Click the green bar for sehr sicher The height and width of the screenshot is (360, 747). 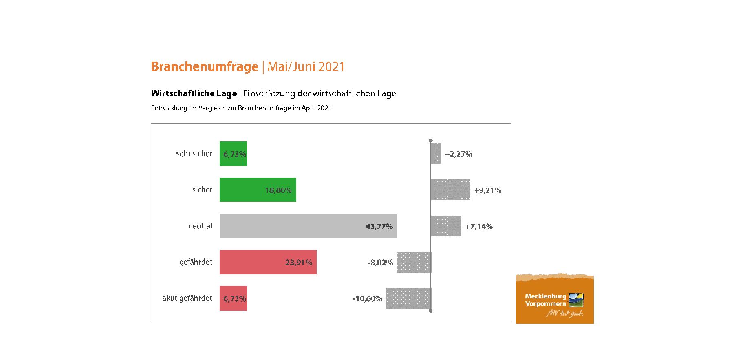pyautogui.click(x=233, y=154)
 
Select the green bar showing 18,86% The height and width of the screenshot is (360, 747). pyautogui.click(x=258, y=190)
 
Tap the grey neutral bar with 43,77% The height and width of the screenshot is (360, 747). pyautogui.click(x=308, y=226)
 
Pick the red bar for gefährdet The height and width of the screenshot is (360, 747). pyautogui.click(x=268, y=262)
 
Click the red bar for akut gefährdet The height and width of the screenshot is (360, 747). pyautogui.click(x=233, y=298)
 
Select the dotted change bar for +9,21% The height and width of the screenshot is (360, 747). pyautogui.click(x=451, y=190)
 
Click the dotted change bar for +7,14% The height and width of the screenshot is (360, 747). pyautogui.click(x=446, y=226)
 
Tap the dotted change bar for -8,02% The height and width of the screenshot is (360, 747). pyautogui.click(x=414, y=262)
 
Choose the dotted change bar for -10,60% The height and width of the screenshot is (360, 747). pyautogui.click(x=408, y=298)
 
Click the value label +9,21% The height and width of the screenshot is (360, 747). pyautogui.click(x=488, y=190)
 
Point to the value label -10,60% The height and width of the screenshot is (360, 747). pyautogui.click(x=367, y=299)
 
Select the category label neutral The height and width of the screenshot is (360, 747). pyautogui.click(x=200, y=226)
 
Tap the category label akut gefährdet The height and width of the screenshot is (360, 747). pyautogui.click(x=187, y=298)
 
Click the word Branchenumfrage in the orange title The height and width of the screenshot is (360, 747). pyautogui.click(x=204, y=66)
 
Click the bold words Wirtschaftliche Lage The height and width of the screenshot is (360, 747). pyautogui.click(x=194, y=93)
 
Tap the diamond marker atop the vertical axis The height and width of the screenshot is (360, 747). pyautogui.click(x=431, y=141)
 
